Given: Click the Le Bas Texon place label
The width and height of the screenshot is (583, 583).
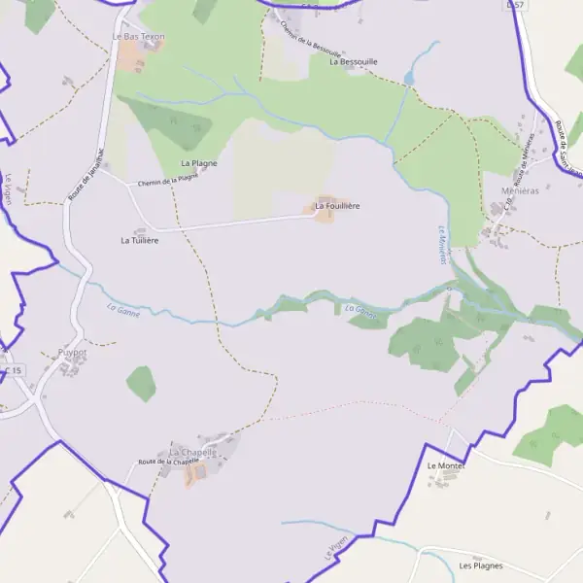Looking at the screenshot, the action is point(139,37).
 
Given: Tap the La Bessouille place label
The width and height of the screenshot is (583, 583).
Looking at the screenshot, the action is point(353,61).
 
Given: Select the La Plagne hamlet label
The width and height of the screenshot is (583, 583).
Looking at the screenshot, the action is point(199,163).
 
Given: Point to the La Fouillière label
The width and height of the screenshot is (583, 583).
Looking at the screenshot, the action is point(337,206).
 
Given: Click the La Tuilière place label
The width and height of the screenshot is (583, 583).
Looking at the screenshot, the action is point(139,239).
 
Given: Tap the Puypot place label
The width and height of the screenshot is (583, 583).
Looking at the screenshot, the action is point(72,354).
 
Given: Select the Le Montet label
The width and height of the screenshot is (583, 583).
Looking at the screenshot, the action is point(447,466).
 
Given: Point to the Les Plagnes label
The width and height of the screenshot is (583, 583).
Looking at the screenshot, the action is point(480,566).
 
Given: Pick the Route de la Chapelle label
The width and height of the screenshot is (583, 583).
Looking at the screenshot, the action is point(168,462).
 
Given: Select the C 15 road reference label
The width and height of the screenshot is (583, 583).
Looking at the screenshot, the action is point(13,371).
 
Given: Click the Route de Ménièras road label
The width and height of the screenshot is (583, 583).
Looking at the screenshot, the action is point(526,163).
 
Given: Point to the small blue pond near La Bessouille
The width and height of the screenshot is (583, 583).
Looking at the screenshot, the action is point(409,78).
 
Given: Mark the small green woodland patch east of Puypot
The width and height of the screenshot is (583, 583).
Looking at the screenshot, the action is point(141,383).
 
